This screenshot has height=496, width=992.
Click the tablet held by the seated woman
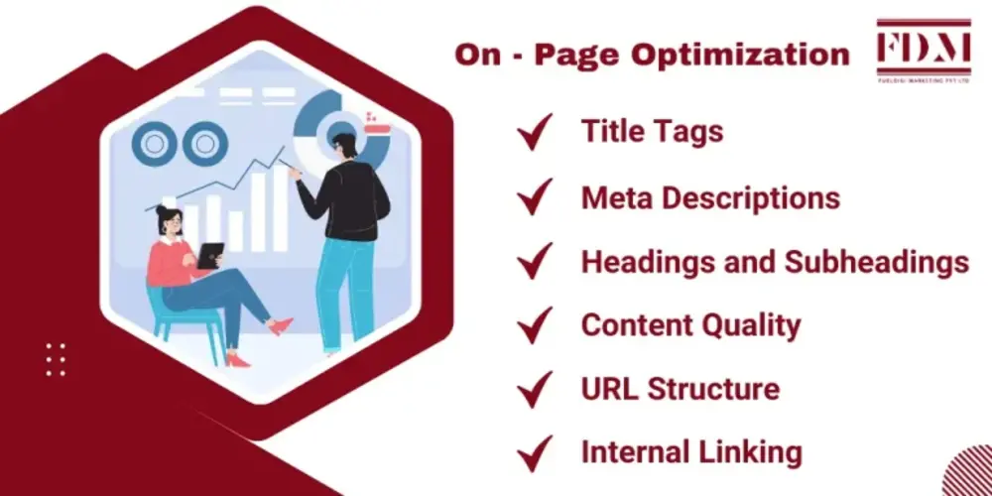209,254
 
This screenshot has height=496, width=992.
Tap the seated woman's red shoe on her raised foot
282,325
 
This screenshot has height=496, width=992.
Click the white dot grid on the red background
56,359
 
